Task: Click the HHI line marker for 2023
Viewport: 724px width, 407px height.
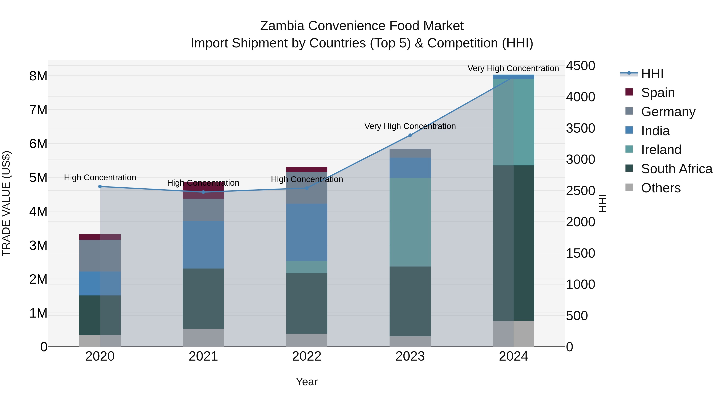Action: coord(410,135)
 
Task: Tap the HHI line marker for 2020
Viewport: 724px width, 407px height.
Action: coord(100,187)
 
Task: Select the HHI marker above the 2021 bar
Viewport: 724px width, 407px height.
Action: coord(204,192)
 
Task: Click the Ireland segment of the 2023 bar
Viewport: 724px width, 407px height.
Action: coord(410,222)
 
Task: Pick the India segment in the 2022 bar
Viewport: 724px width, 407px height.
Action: coord(307,233)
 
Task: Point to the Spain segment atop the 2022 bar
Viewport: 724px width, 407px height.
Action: coord(307,169)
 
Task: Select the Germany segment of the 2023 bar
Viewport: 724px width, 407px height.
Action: coord(410,153)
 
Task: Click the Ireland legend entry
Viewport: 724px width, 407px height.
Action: coord(661,150)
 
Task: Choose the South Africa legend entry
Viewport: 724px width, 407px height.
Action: coord(677,169)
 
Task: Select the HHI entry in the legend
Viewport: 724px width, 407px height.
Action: coord(652,74)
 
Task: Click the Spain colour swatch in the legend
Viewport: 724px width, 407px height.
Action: coord(629,92)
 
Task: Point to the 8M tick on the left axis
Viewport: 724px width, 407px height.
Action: coord(38,76)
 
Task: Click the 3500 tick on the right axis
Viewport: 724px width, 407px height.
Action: coord(580,128)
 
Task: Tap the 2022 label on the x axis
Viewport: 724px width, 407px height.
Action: coord(307,356)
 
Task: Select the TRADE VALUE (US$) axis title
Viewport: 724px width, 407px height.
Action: coord(6,203)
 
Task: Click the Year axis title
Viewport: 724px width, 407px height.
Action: coord(307,382)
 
